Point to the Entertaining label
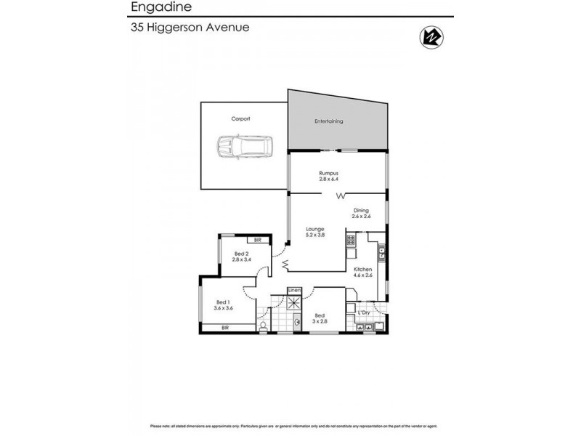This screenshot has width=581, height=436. coord(328,121)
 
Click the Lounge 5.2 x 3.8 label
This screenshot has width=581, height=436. coord(315,233)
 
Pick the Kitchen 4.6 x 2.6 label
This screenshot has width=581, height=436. coord(362,272)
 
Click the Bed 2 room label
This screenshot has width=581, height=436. coord(240,256)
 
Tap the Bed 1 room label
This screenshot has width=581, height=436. coord(222,306)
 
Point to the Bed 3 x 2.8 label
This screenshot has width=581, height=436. coord(320,318)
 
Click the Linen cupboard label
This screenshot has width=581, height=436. coord(294,291)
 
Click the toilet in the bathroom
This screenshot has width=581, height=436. coord(262,328)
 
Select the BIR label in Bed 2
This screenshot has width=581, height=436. coord(258,239)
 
